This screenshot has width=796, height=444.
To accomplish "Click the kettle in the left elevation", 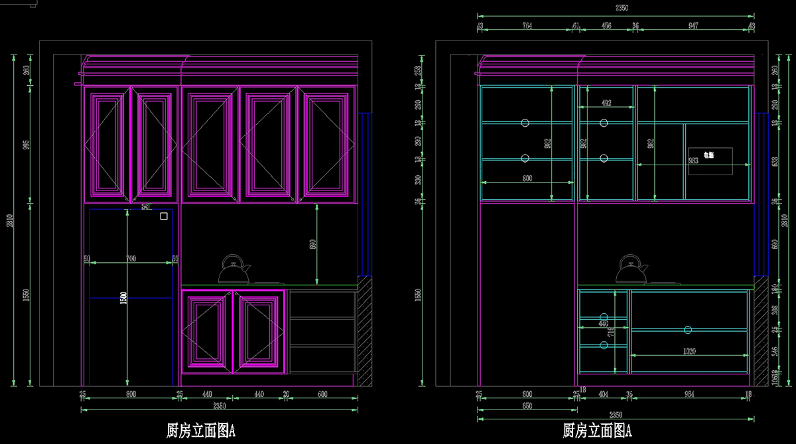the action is (234, 269).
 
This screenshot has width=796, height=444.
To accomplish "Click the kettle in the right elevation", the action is (631, 269).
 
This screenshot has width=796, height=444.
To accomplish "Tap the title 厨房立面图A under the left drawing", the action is (200, 431).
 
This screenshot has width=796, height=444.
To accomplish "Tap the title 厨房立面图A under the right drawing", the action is (597, 431).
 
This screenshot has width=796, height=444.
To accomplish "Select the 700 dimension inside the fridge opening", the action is (131, 258).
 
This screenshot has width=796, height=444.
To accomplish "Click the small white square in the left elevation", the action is (164, 216).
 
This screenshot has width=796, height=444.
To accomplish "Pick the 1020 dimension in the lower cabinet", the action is (690, 351).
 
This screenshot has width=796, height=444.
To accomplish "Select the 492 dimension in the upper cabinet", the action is (606, 104).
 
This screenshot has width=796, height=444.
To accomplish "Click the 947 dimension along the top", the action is (693, 26).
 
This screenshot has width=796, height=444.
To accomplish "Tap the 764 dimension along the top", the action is (527, 26).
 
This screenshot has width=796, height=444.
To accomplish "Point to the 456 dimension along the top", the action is (606, 26).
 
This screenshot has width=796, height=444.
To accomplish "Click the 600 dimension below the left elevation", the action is (322, 394).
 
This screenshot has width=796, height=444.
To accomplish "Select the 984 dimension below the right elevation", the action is (690, 394).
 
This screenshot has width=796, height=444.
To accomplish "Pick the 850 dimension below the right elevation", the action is (527, 406).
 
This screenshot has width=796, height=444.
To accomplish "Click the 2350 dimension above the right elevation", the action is (621, 9).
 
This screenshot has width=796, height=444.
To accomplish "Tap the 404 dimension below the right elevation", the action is (603, 394).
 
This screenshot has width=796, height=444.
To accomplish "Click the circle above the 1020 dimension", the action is (688, 330).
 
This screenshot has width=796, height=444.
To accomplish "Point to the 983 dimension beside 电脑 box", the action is (693, 161).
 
